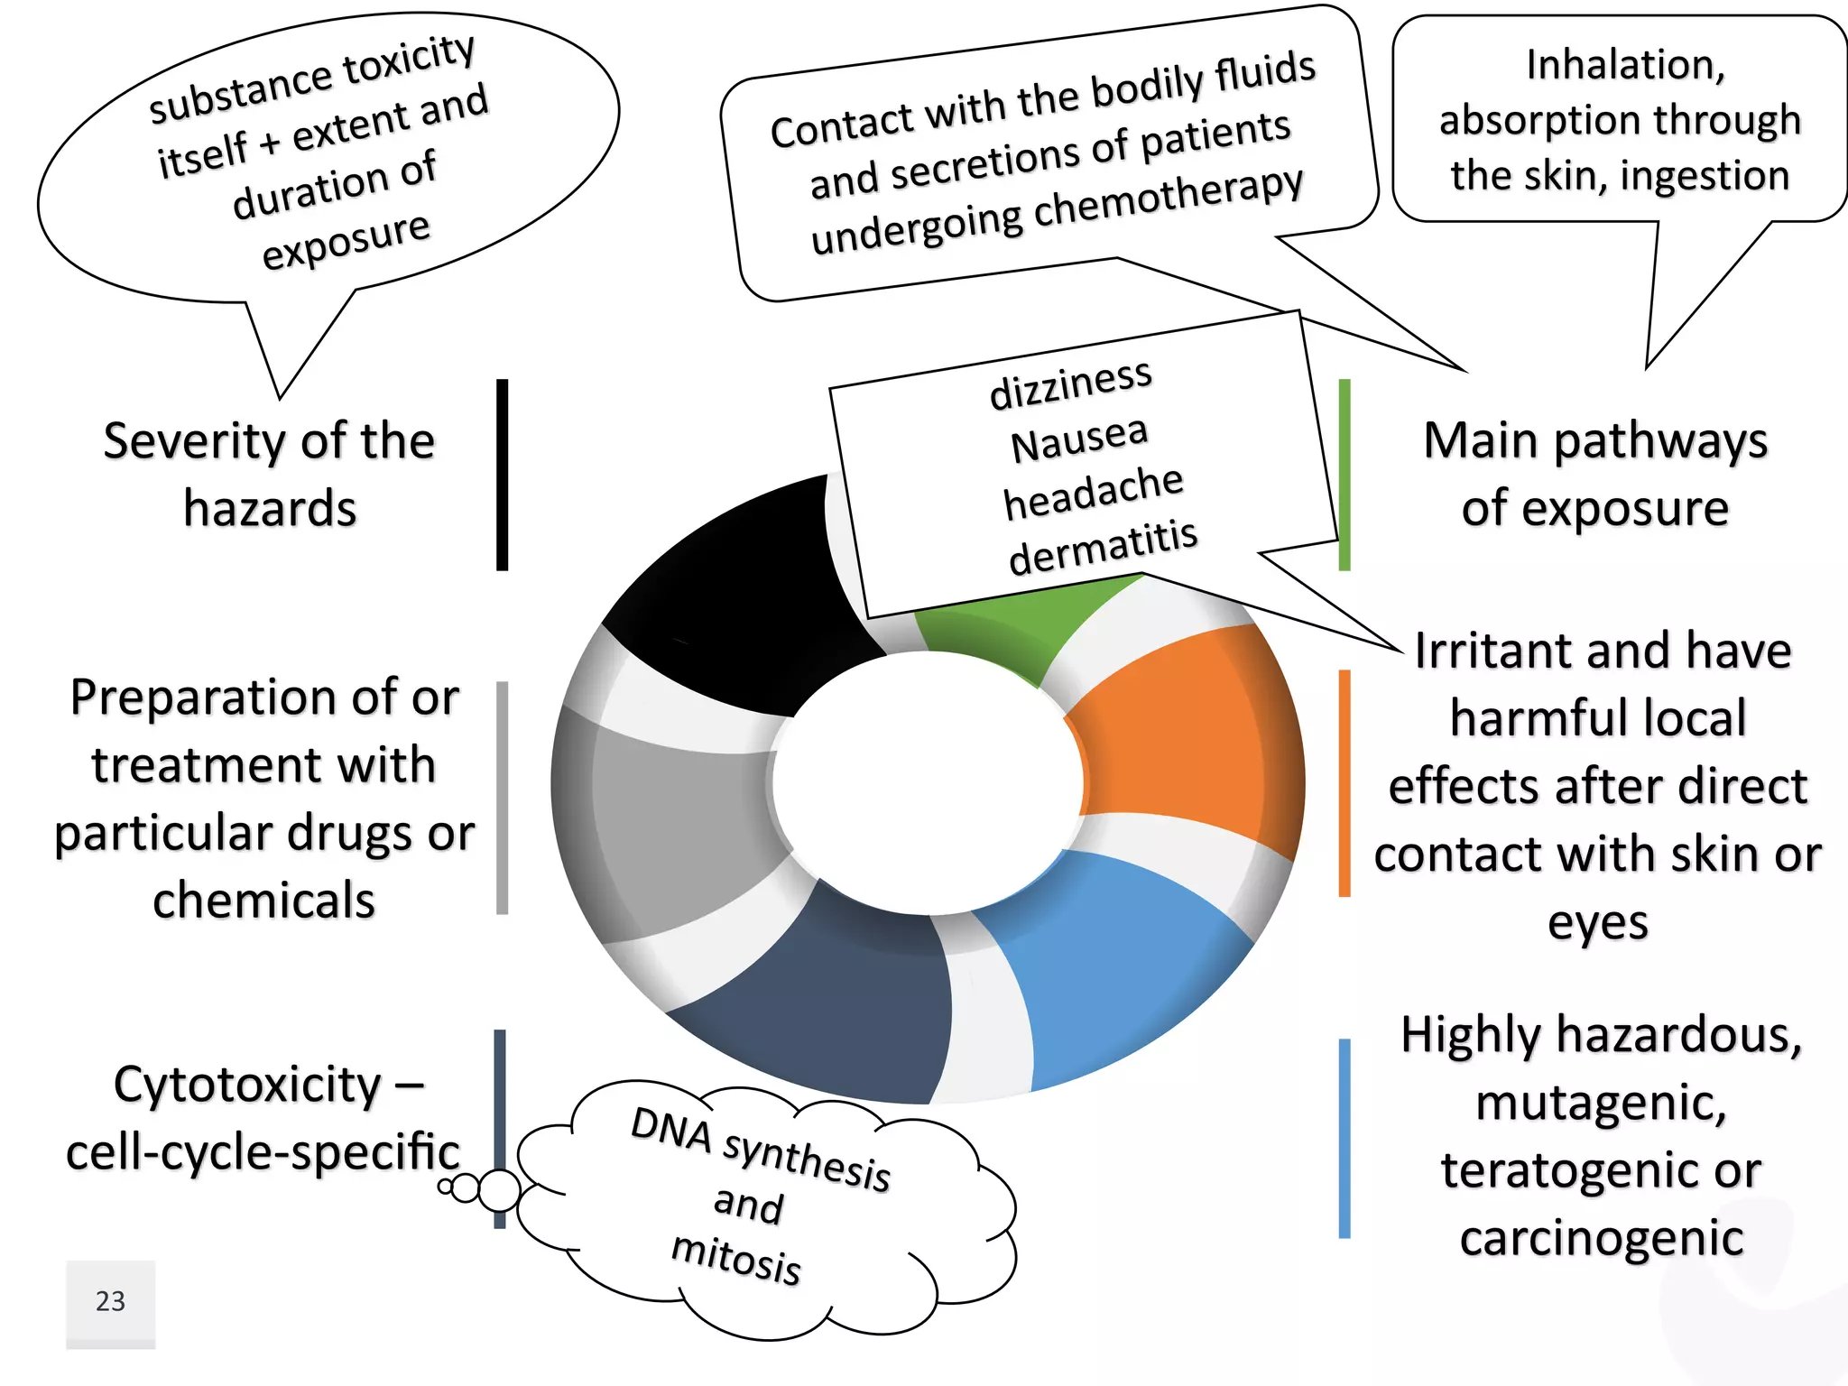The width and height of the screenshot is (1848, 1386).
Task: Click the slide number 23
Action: (110, 1301)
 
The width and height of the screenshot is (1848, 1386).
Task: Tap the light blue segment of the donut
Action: (1119, 984)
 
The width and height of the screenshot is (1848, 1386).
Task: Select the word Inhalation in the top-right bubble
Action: (1624, 65)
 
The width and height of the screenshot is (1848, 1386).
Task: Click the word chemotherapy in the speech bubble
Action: (1169, 197)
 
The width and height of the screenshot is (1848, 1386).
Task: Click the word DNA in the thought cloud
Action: (671, 1128)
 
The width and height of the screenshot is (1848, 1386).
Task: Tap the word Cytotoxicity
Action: (247, 1086)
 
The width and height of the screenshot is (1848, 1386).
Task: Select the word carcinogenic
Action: (1602, 1238)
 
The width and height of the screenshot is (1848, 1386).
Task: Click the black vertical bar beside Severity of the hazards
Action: (503, 475)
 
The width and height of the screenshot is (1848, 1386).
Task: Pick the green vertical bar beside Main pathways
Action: (1344, 475)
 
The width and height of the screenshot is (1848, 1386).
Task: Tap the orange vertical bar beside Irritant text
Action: (1344, 783)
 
